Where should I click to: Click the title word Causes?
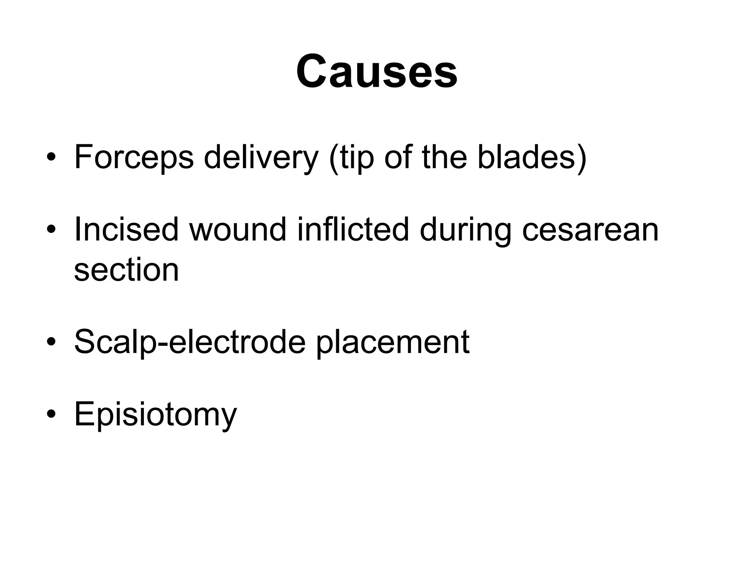[x=377, y=71]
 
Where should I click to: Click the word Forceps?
[x=134, y=157]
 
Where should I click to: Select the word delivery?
[x=261, y=157]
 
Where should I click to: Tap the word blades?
[x=526, y=157]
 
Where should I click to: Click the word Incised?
[x=126, y=229]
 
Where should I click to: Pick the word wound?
[x=237, y=229]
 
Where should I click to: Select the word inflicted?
[x=353, y=229]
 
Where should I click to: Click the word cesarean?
[x=590, y=229]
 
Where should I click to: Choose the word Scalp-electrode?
[x=190, y=342]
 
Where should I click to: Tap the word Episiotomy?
[x=155, y=414]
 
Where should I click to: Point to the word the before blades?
[x=444, y=157]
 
